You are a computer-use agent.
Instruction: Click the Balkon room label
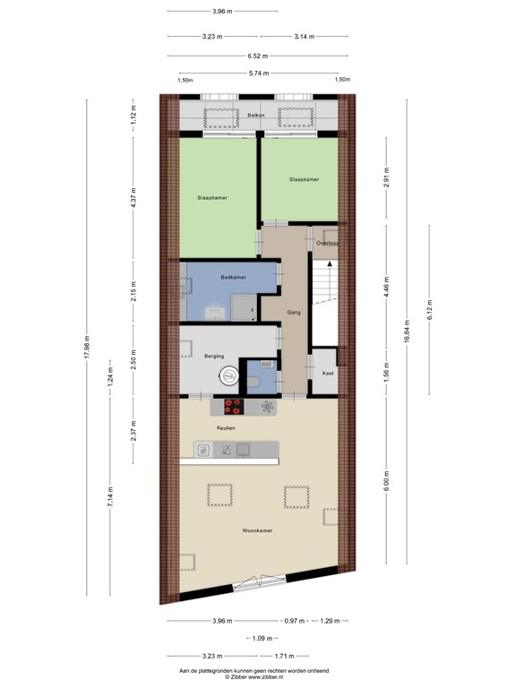pyautogui.click(x=257, y=116)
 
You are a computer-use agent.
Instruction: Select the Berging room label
pyautogui.click(x=213, y=356)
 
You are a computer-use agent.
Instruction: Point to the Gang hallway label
pyautogui.click(x=294, y=313)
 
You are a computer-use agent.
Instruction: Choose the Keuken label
pyautogui.click(x=226, y=427)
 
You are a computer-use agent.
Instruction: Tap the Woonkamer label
pyautogui.click(x=257, y=531)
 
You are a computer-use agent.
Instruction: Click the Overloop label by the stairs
pyautogui.click(x=328, y=243)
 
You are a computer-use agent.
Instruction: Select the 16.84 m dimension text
pyautogui.click(x=408, y=333)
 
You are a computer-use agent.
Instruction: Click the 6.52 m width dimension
pyautogui.click(x=258, y=56)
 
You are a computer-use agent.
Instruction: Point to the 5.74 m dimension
pyautogui.click(x=258, y=74)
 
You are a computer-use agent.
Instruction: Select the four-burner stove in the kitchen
pyautogui.click(x=234, y=406)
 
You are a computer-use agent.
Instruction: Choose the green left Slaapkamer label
pyautogui.click(x=211, y=197)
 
